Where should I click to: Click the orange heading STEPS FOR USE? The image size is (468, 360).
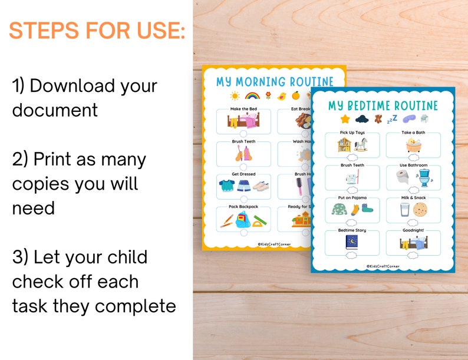pos(97,31)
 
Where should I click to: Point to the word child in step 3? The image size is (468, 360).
pos(126,257)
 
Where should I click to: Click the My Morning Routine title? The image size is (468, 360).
pos(274,81)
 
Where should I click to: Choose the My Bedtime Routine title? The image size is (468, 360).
pos(384,105)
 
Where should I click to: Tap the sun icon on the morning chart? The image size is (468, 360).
pos(235,95)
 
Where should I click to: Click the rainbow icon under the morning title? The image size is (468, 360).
pos(252,95)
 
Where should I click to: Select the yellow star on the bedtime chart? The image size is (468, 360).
pos(345,120)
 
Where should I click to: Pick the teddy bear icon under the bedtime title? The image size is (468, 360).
pos(375,119)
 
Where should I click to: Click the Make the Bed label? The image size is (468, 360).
pos(243,109)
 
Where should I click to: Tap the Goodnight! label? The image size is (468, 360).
pos(413,230)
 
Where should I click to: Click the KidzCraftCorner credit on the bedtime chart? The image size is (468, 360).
pos(383,266)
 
